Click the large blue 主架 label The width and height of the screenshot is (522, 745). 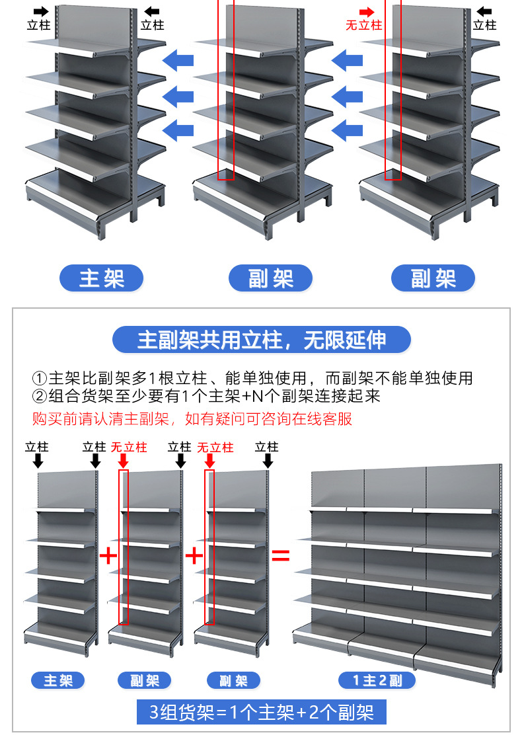coord(101,278)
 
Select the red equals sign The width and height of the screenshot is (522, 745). coord(281,555)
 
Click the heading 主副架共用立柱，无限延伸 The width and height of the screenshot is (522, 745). coord(261,340)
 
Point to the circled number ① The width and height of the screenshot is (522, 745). coord(40,379)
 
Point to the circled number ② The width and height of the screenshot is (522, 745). coord(40,397)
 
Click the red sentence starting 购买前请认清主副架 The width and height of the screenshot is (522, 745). coord(192,418)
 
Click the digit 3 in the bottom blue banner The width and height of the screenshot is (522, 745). coord(154,713)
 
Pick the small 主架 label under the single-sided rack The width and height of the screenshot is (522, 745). coord(58,680)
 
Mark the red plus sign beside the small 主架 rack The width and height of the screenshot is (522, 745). coord(108,555)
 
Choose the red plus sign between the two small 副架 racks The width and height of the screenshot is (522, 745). coord(194,555)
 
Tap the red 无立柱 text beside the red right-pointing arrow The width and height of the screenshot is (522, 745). coord(363,25)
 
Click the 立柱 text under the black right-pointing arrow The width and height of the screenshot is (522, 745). coord(38,25)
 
